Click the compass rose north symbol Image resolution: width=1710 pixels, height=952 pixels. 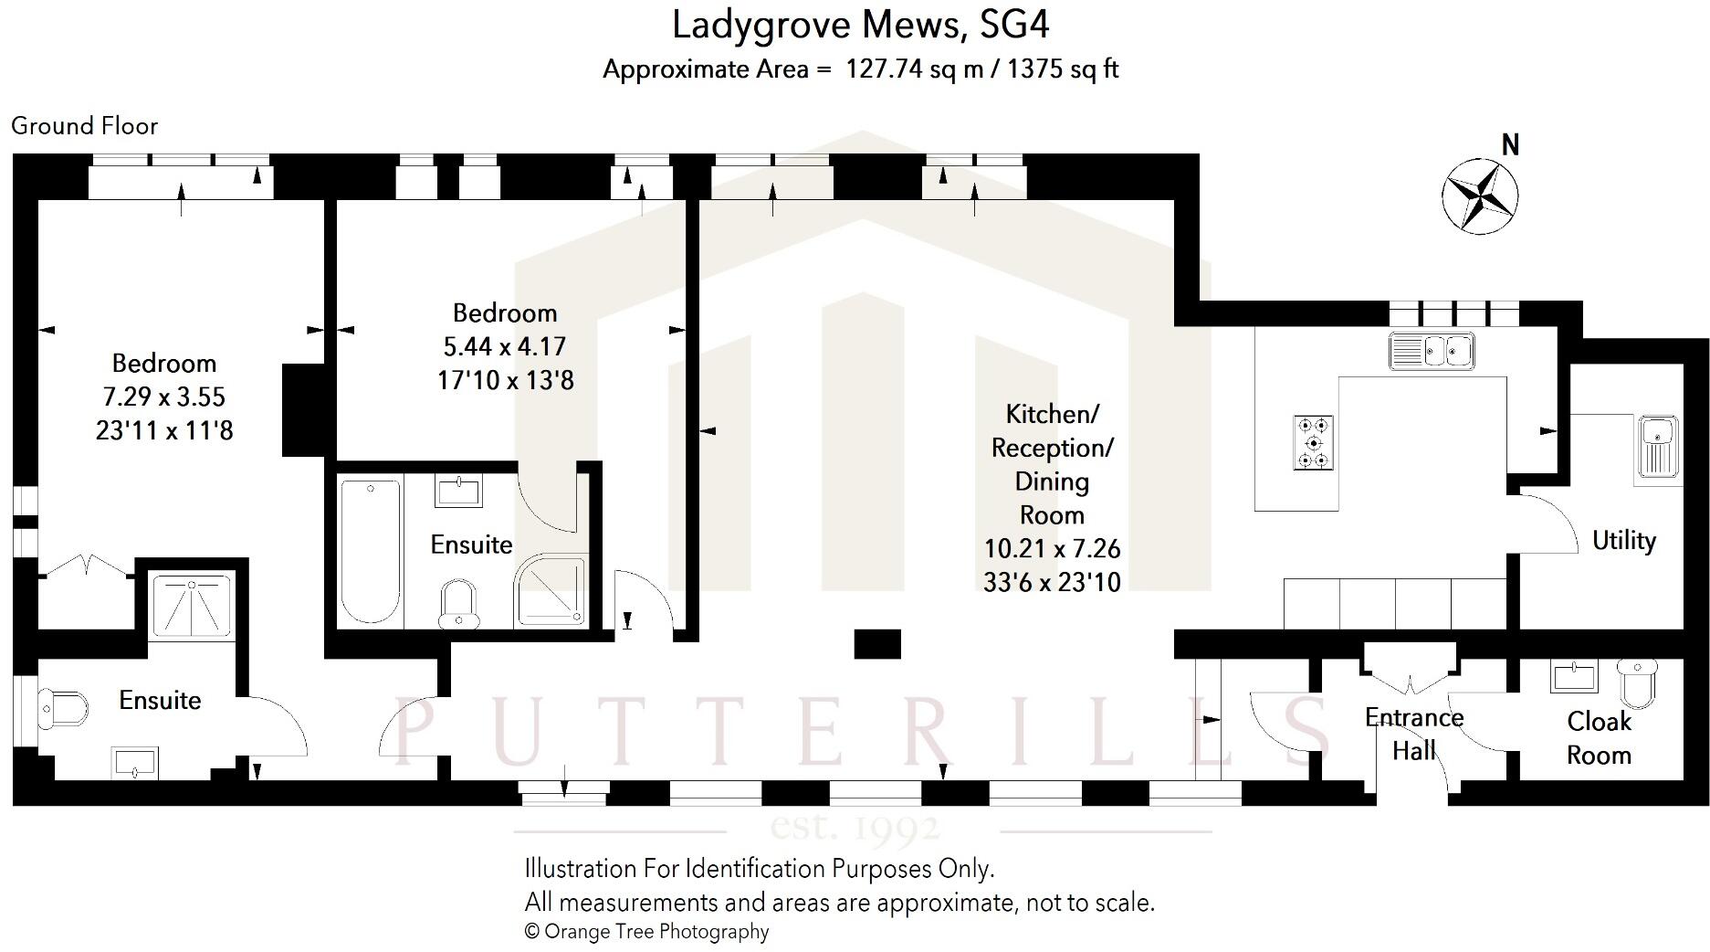[x=1479, y=195]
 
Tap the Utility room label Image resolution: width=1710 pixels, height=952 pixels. [x=1623, y=541]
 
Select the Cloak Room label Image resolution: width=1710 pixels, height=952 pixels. [x=1599, y=738]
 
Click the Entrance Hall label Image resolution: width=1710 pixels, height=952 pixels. [x=1413, y=734]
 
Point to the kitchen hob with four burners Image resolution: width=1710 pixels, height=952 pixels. [x=1314, y=443]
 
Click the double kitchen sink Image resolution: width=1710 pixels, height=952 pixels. [x=1431, y=351]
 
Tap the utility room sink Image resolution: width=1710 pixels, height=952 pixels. [x=1656, y=446]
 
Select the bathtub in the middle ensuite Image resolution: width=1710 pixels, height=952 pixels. [x=371, y=550]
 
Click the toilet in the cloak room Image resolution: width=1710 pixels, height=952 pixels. [x=1637, y=682]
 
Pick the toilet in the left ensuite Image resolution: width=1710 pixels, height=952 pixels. [x=61, y=708]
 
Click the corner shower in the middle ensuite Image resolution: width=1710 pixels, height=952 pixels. [x=551, y=592]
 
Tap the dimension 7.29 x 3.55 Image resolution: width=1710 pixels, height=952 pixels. [x=164, y=397]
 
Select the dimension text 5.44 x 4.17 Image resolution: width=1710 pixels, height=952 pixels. [x=505, y=346]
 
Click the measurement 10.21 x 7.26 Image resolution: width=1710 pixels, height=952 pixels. [x=1052, y=548]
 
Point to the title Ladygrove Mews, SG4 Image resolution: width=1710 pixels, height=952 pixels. [x=860, y=25]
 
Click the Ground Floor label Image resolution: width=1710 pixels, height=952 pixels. [x=85, y=126]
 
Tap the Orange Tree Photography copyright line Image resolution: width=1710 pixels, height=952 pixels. [x=646, y=932]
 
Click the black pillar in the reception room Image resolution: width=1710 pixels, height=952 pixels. [x=877, y=644]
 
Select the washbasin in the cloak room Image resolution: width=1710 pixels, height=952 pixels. [x=1573, y=678]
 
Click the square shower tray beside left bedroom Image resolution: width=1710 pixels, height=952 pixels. [x=191, y=605]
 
